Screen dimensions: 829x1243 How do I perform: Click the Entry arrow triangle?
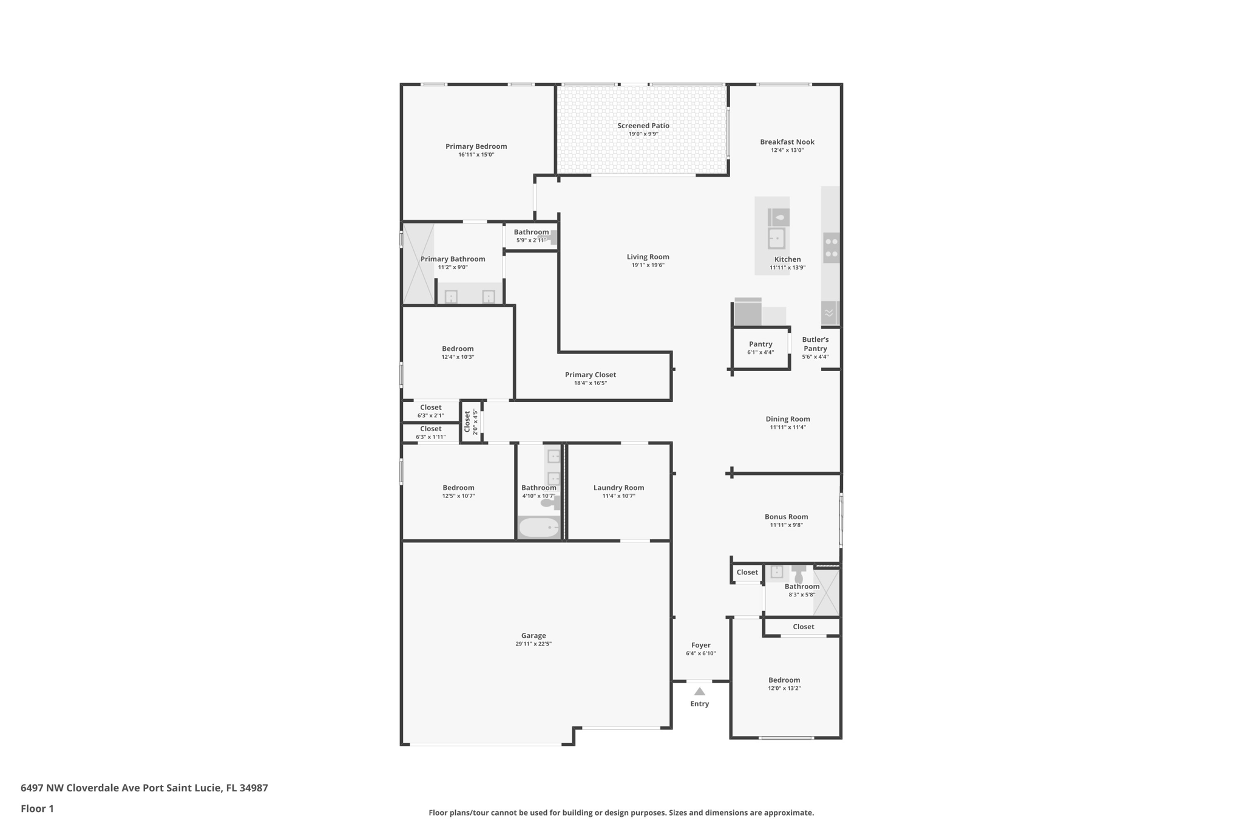click(699, 691)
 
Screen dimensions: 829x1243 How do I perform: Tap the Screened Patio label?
click(643, 126)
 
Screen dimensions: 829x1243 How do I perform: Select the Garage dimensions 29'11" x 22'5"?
click(533, 644)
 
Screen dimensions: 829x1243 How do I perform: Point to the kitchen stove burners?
click(831, 248)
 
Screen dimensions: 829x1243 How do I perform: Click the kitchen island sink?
click(776, 238)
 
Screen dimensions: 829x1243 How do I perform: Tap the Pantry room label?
click(760, 344)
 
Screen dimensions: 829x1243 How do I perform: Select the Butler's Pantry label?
click(815, 344)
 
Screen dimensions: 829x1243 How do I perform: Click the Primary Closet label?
click(590, 375)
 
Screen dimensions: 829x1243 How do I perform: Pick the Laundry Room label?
click(618, 488)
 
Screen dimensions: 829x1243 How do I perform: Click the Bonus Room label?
click(786, 517)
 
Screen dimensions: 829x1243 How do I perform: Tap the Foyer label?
click(700, 645)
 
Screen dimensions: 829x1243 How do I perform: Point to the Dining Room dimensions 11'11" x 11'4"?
click(787, 427)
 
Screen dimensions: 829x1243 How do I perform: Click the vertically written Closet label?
click(467, 421)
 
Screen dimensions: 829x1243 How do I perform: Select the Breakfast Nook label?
click(787, 142)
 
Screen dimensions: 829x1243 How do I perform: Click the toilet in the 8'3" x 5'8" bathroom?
click(798, 574)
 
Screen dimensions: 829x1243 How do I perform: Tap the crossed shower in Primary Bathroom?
click(418, 264)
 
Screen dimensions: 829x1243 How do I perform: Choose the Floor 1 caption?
click(37, 808)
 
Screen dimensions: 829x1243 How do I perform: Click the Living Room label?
click(648, 257)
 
